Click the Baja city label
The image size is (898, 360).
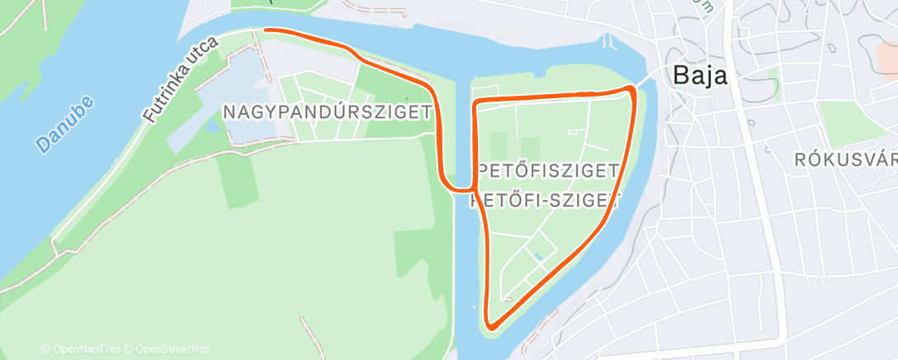tap(700, 75)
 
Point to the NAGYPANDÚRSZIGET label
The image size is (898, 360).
tap(328, 112)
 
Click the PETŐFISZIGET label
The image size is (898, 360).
tap(549, 171)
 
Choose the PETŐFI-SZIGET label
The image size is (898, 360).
tap(544, 199)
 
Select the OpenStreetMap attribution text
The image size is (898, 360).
tap(169, 349)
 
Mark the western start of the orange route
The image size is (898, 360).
tap(266, 30)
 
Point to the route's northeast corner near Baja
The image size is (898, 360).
tap(632, 88)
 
